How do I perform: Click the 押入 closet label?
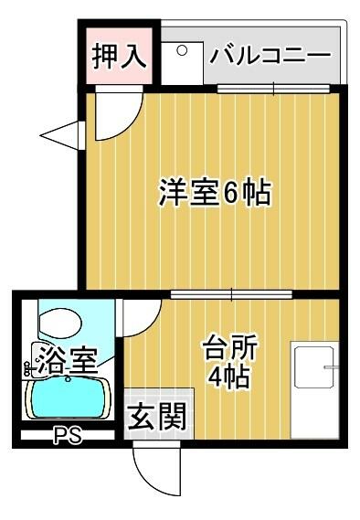pyautogui.click(x=120, y=56)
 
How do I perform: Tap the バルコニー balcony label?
pyautogui.click(x=270, y=55)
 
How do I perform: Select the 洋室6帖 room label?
pyautogui.click(x=215, y=193)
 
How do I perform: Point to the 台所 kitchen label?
pyautogui.click(x=231, y=348)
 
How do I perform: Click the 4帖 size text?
pyautogui.click(x=228, y=377)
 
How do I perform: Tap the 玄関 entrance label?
pyautogui.click(x=157, y=417)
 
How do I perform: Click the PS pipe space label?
pyautogui.click(x=68, y=435)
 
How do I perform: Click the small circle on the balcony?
pyautogui.click(x=182, y=50)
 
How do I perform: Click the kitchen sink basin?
pyautogui.click(x=314, y=367)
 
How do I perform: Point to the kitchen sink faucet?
pyautogui.click(x=332, y=367)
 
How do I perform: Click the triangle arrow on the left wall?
pyautogui.click(x=61, y=135)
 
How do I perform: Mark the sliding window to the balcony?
pyautogui.click(x=273, y=89)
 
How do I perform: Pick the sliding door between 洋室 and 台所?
pyautogui.click(x=232, y=294)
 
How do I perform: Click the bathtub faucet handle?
pyautogui.click(x=27, y=368)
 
